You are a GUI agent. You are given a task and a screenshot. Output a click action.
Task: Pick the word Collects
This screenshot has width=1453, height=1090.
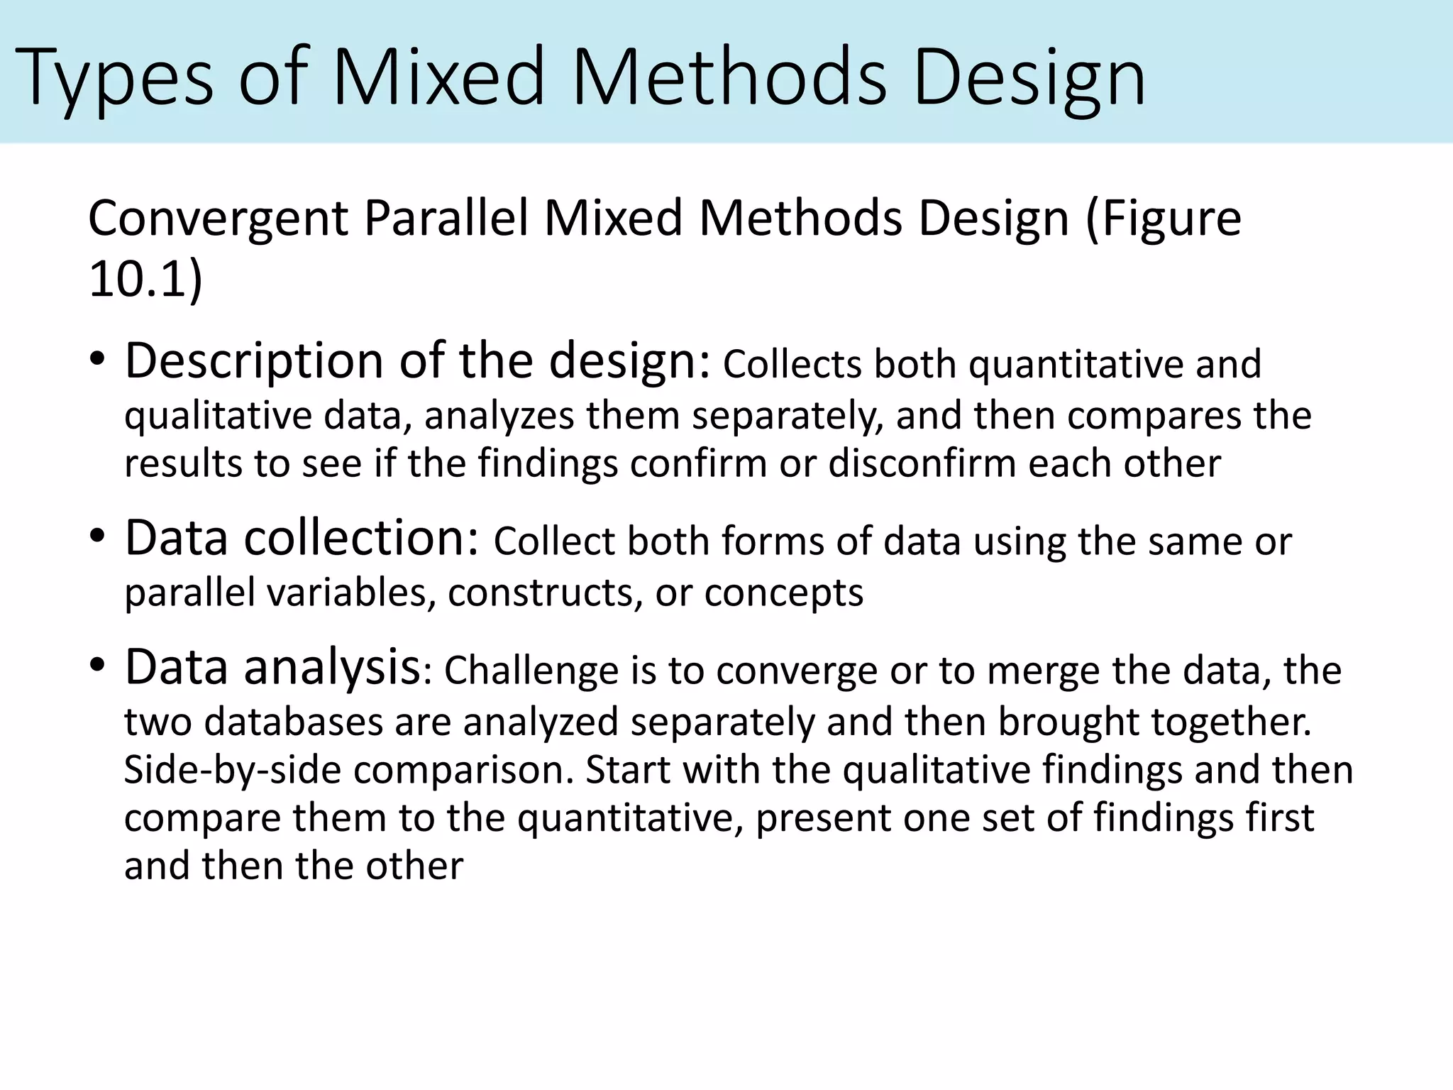pos(792,365)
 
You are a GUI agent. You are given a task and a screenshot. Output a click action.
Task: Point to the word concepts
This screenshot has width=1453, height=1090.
pos(783,594)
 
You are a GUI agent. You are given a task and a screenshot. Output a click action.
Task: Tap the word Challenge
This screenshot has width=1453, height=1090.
pos(531,670)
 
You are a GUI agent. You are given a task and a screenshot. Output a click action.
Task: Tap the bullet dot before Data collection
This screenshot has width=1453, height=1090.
pos(98,536)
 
